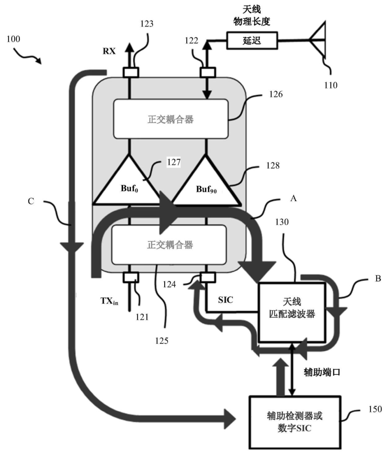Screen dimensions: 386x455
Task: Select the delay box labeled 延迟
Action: point(252,40)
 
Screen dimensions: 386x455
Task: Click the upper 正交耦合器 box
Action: point(171,119)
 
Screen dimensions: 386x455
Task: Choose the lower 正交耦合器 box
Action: point(169,244)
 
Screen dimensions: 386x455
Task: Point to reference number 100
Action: point(14,39)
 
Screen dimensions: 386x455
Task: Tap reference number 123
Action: point(147,24)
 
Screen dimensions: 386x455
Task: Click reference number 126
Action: point(276,94)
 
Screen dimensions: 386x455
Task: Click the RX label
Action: point(109,51)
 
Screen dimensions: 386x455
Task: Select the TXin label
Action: point(109,301)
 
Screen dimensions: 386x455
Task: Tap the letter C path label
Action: point(31,201)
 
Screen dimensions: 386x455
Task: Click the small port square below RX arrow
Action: point(131,72)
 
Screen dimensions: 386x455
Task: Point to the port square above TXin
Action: point(131,277)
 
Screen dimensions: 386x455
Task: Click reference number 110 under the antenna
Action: point(331,85)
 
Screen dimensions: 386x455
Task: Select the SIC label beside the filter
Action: point(226,300)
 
